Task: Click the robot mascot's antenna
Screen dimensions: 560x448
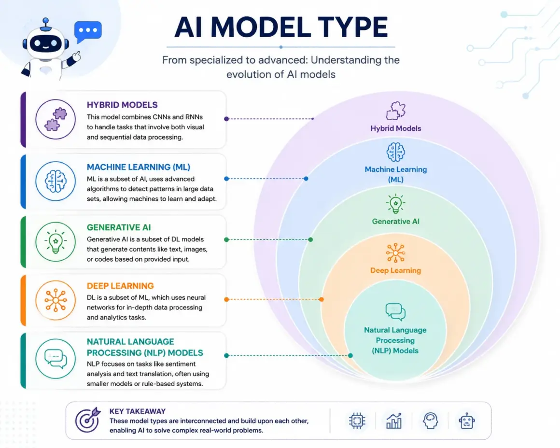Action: tap(45, 24)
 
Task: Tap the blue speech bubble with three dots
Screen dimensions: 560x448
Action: tap(88, 31)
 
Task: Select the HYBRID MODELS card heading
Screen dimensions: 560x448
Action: tap(122, 105)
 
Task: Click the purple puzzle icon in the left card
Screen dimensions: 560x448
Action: tap(56, 119)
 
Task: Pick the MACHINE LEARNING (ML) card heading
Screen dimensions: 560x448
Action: tap(139, 167)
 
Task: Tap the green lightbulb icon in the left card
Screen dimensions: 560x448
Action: tap(56, 241)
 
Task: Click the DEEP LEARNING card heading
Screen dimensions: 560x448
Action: tap(120, 286)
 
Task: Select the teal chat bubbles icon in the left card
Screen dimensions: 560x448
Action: tap(56, 359)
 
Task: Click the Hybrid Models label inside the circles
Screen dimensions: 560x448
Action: tap(396, 128)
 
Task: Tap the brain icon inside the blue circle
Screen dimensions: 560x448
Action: tap(396, 152)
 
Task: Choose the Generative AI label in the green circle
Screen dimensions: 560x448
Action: tap(396, 222)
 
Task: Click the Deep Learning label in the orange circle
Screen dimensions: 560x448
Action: tap(396, 270)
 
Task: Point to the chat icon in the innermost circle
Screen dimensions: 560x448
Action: tap(395, 312)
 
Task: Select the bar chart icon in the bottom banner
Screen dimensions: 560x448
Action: tap(394, 420)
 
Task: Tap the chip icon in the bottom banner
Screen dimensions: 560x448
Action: tap(357, 420)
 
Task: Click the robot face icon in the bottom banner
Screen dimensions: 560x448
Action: tap(467, 420)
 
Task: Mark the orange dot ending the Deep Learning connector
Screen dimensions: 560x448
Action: tap(322, 299)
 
